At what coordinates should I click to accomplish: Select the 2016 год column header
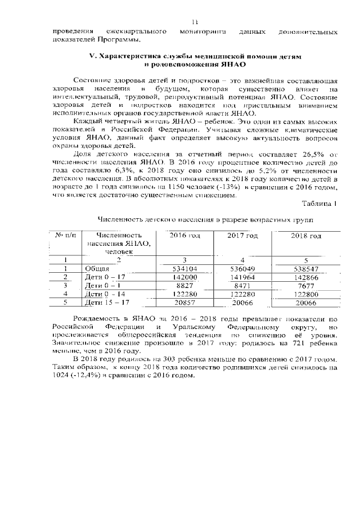(184, 235)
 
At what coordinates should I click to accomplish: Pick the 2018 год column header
(307, 235)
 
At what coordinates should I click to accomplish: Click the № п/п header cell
(66, 235)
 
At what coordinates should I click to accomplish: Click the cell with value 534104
(184, 269)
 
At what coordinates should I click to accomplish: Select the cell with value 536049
(242, 269)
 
